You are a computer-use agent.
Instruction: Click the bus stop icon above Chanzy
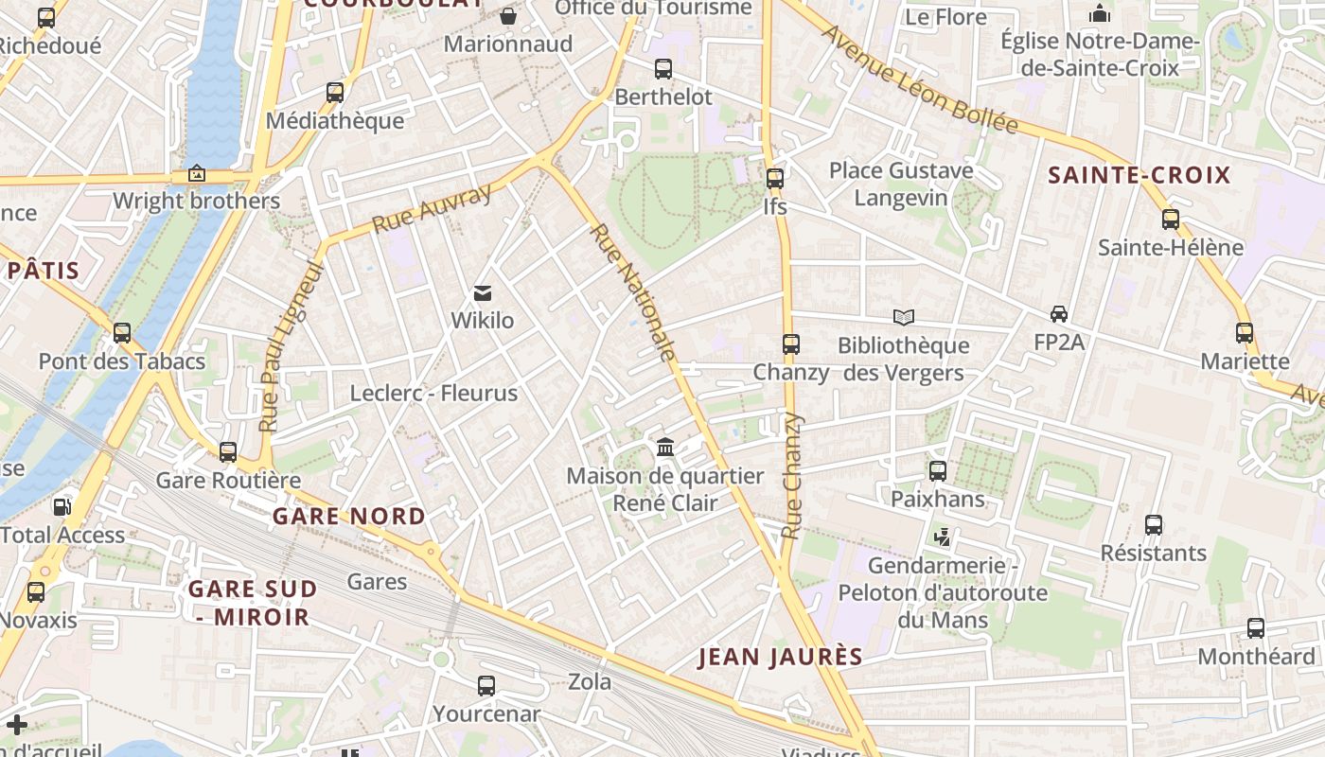click(791, 344)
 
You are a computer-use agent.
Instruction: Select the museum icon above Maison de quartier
click(664, 447)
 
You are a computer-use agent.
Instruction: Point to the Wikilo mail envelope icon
click(483, 293)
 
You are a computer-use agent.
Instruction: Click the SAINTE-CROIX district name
click(1139, 175)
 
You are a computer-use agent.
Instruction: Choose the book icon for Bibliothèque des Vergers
click(904, 317)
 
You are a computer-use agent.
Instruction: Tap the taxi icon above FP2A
click(1058, 314)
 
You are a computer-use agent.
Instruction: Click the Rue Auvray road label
click(433, 209)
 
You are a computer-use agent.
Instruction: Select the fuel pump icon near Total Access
click(62, 506)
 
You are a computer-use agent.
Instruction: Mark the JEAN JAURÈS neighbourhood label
click(781, 657)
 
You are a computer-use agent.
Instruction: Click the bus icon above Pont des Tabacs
click(122, 333)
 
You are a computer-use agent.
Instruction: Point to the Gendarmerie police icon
click(942, 537)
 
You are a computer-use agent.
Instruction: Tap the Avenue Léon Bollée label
click(919, 80)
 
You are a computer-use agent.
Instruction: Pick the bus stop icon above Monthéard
click(1255, 627)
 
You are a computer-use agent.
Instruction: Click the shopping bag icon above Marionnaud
click(508, 16)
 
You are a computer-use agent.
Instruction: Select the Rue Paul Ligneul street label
click(291, 348)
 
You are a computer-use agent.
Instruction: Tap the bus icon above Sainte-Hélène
click(1171, 220)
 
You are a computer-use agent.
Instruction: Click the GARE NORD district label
click(349, 517)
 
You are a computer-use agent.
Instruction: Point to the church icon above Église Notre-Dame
click(1100, 13)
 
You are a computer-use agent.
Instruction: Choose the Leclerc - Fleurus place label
click(433, 393)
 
